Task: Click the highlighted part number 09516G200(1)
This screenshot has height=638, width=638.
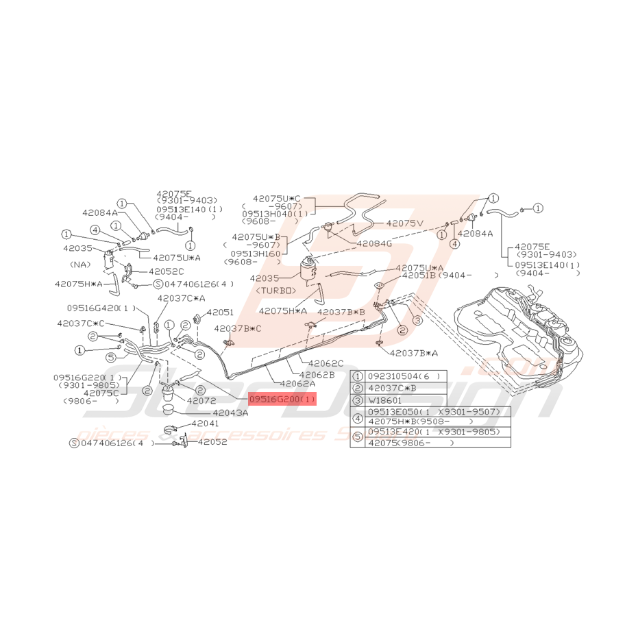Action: [x=282, y=399]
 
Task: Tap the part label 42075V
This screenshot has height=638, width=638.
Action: [x=406, y=223]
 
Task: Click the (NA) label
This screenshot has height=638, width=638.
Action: [x=80, y=264]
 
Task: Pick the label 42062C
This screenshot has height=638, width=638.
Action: [x=326, y=364]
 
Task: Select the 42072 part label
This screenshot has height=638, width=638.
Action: [x=201, y=399]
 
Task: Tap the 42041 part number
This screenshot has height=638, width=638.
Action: [x=205, y=425]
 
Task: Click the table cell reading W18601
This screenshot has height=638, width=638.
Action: [x=387, y=400]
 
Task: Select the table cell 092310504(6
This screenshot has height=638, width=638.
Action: [x=396, y=376]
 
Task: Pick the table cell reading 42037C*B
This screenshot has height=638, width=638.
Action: [x=393, y=387]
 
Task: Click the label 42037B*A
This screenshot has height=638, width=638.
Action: [x=415, y=353]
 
